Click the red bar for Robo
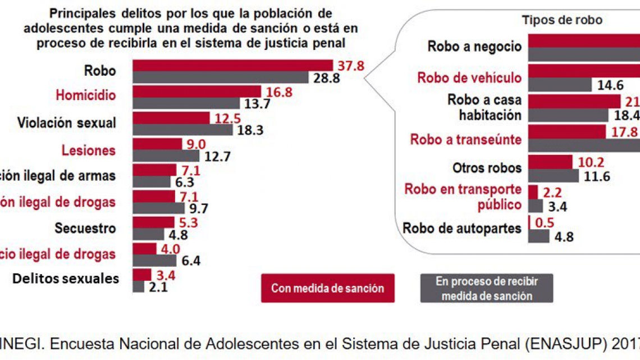point(232,65)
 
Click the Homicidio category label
point(85,95)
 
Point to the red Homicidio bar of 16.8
point(196,91)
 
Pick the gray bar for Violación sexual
point(182,130)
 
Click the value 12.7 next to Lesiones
point(217,156)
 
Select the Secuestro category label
point(85,229)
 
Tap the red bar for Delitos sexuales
point(142,275)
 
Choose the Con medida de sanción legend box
point(327,288)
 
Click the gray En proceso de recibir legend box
point(486,288)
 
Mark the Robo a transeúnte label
point(466,139)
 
